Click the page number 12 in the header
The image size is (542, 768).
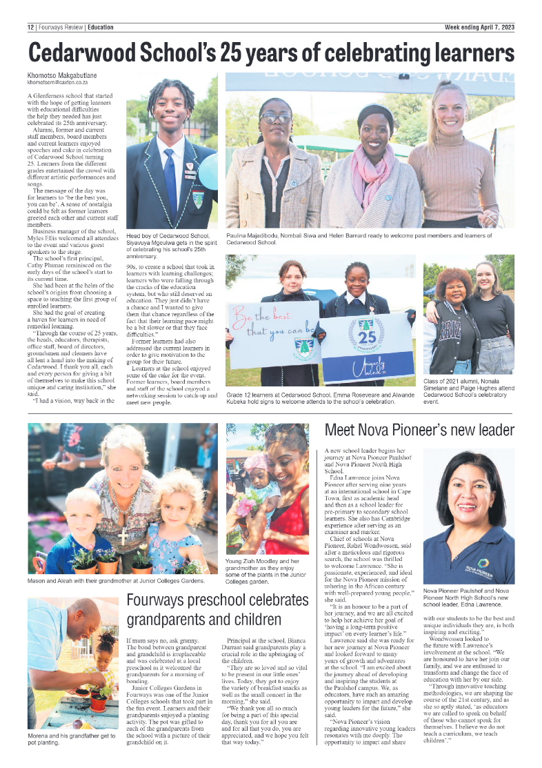tap(31, 28)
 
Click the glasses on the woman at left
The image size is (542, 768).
tap(277, 118)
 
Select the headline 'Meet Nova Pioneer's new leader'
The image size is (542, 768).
tap(419, 431)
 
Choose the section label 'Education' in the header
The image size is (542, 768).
tap(101, 28)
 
